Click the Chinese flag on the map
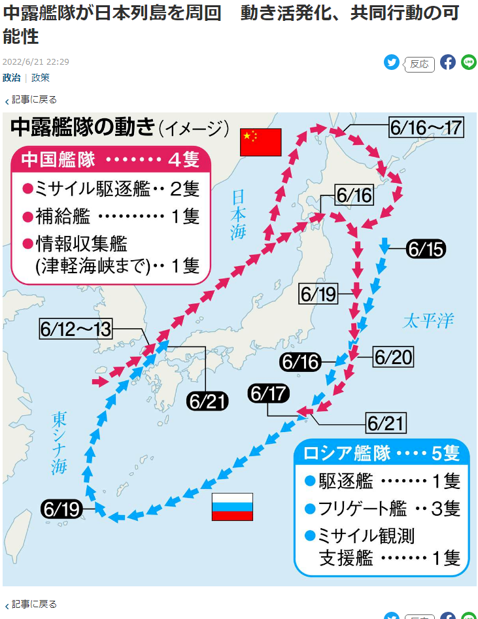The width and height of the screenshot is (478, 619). pos(260,142)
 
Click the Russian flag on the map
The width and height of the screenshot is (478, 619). pos(232,507)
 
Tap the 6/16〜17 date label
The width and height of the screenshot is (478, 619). pos(426,127)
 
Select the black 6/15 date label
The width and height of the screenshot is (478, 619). pos(425,248)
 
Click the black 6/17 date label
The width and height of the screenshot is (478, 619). pos(269,393)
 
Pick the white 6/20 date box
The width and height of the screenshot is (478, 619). pos(394,357)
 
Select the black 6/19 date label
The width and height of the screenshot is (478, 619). pos(62,508)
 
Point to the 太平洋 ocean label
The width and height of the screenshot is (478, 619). pos(428,321)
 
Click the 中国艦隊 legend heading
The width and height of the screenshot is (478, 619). pos(59,159)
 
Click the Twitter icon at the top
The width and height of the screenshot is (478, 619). pos(392,63)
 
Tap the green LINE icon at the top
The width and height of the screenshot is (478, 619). pos(469,63)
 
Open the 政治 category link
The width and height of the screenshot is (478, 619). pos(11,78)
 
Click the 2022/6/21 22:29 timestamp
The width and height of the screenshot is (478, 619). pos(36,62)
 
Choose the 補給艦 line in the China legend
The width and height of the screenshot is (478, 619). pos(111,216)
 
